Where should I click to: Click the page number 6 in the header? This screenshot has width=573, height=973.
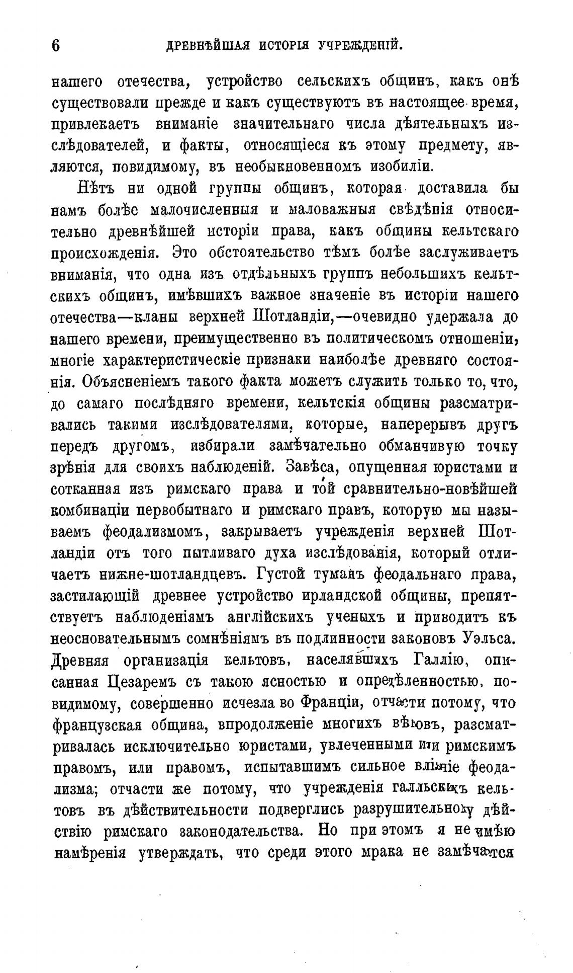point(56,45)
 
